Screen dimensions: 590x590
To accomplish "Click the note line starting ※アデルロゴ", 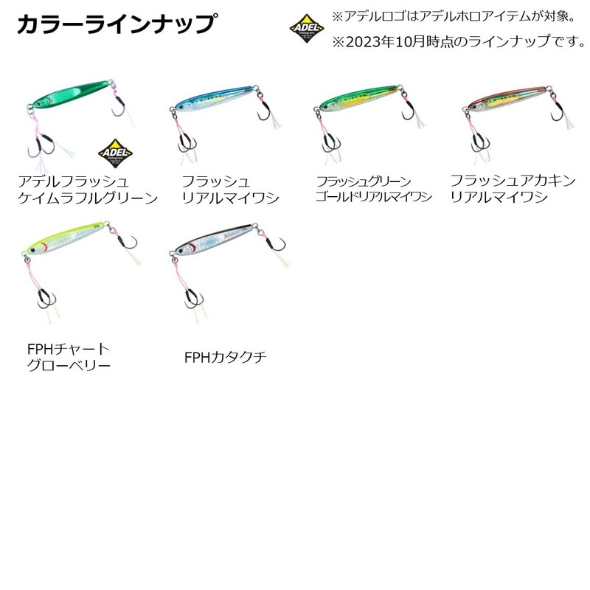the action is pos(443,15).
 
